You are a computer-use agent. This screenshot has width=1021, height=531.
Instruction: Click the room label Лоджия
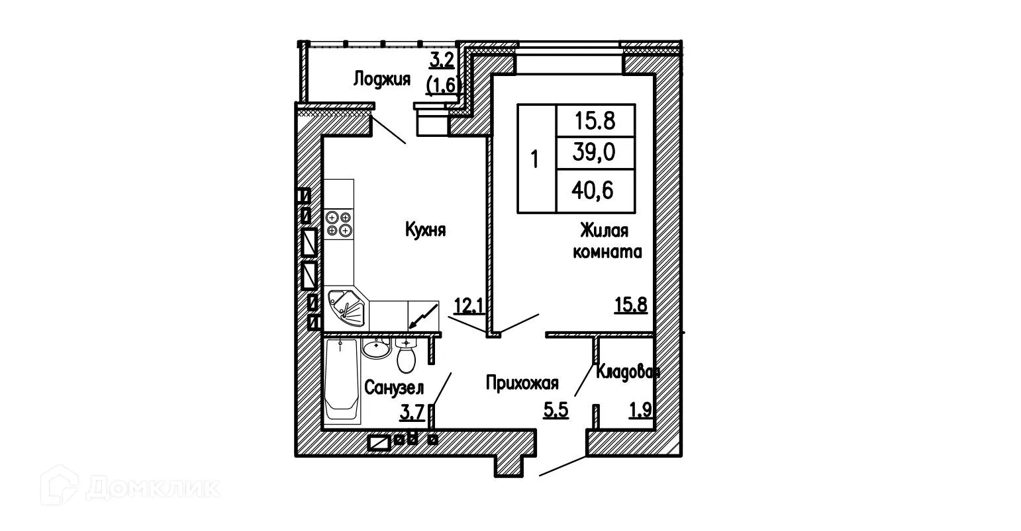point(381,79)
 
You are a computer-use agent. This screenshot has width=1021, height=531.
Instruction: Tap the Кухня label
point(425,230)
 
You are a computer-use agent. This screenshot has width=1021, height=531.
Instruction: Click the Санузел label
point(394,388)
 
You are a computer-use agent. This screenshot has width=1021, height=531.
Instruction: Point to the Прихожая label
point(522,383)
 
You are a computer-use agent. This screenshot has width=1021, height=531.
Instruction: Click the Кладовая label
point(626,372)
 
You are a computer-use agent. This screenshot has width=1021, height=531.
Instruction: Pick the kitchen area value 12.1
point(467,306)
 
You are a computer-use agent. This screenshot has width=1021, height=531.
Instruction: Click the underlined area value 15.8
point(630,306)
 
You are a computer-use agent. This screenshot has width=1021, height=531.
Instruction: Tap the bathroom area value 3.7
point(411,413)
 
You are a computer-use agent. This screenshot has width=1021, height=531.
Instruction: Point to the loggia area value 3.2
point(442,61)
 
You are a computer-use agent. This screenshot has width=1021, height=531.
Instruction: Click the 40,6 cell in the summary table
point(595,191)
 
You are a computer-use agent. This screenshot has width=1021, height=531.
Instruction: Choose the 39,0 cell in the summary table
point(595,153)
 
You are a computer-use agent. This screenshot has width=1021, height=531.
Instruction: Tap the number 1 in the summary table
point(536,159)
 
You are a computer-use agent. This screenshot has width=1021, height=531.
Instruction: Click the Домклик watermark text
point(152,489)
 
